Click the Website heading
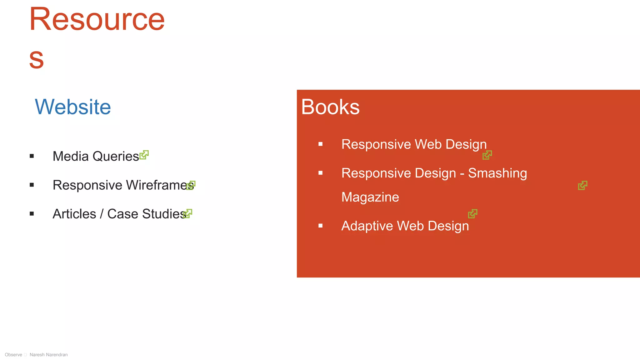[x=73, y=107]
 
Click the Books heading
[x=330, y=107]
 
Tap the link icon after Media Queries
[x=144, y=155]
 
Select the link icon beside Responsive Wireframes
[x=191, y=185]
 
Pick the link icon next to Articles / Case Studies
[x=187, y=213]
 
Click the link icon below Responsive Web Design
[x=487, y=155]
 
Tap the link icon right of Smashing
[x=582, y=185]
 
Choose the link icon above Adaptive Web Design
[x=472, y=214]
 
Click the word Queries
[x=116, y=156]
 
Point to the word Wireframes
[x=160, y=185]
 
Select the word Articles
[x=74, y=214]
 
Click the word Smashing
[x=497, y=173]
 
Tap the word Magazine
[x=370, y=197]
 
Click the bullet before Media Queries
[x=32, y=156]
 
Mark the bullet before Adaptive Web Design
[x=320, y=226]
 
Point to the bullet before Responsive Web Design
[x=320, y=144]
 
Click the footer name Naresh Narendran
[x=48, y=355]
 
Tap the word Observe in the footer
[x=13, y=355]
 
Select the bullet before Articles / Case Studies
[x=32, y=214]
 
